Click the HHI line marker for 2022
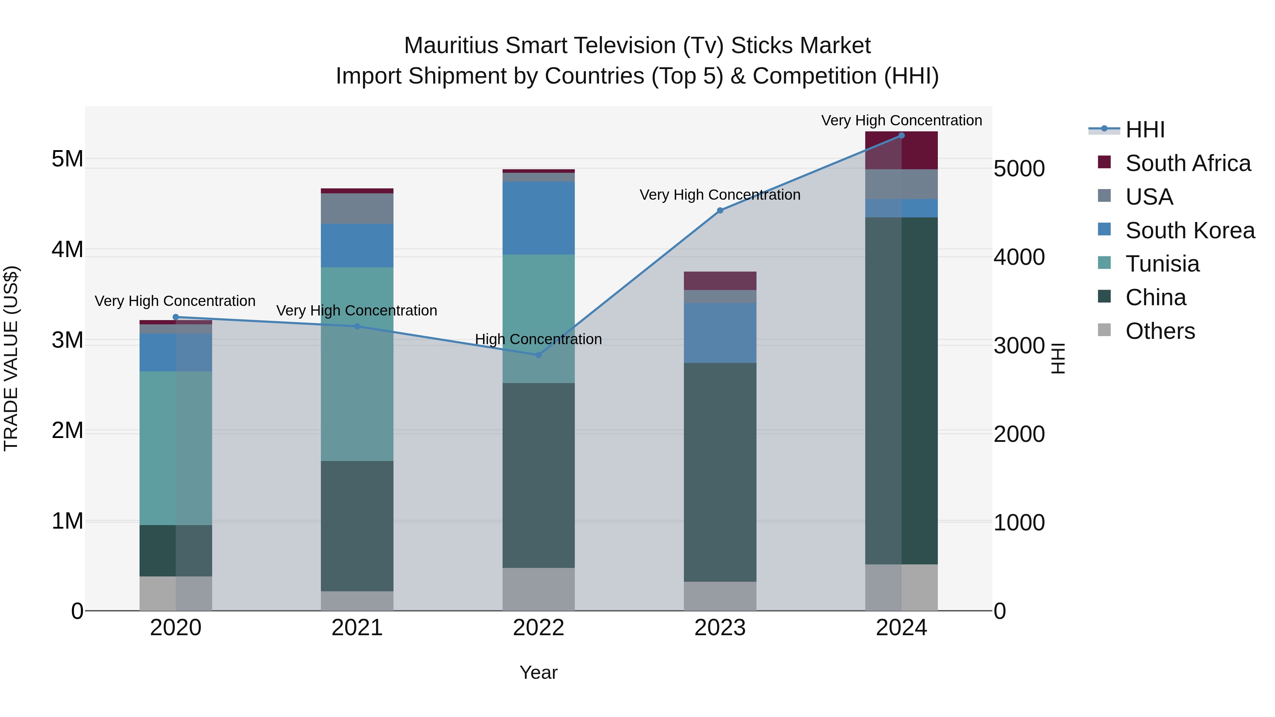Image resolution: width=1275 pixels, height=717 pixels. [538, 355]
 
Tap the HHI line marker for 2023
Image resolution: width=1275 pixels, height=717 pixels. [720, 210]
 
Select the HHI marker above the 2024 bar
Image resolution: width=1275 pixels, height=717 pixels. [901, 136]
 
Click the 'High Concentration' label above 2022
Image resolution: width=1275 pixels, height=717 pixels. [538, 340]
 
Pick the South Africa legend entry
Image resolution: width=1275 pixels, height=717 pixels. [1188, 163]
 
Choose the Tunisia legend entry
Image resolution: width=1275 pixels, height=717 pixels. [1162, 264]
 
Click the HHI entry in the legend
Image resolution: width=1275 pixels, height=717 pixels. [1145, 130]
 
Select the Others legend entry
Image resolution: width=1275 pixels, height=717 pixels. [1160, 331]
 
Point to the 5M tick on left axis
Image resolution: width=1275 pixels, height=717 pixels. [67, 159]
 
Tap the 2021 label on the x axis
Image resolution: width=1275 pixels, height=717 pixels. [357, 628]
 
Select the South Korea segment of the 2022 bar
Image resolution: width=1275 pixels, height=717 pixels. [538, 218]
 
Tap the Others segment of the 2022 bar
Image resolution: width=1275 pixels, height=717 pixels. [538, 589]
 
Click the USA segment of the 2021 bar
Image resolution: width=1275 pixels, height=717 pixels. [357, 208]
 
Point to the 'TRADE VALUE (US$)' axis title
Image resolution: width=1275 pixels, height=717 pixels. [11, 358]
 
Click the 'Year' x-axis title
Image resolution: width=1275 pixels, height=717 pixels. [538, 672]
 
